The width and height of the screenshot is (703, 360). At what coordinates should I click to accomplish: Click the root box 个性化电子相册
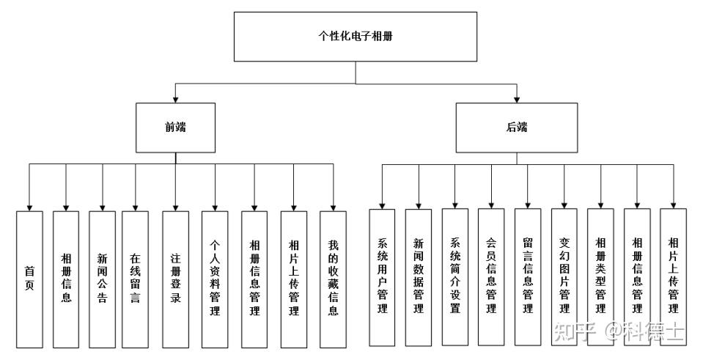(x=355, y=37)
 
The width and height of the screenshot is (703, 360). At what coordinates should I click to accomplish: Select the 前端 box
(x=175, y=128)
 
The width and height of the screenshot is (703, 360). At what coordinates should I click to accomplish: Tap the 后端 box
(x=517, y=128)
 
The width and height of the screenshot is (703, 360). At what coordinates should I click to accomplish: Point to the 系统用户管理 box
(x=382, y=277)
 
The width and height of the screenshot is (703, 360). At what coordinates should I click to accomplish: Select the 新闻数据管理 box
(x=419, y=277)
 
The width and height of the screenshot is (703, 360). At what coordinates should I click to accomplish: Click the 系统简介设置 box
(x=454, y=277)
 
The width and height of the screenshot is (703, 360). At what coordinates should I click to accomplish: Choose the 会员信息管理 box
(x=491, y=277)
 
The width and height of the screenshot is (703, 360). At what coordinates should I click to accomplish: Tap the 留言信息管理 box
(x=528, y=277)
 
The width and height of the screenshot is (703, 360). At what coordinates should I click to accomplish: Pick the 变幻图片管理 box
(x=564, y=277)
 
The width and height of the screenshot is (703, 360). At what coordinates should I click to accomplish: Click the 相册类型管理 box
(x=600, y=277)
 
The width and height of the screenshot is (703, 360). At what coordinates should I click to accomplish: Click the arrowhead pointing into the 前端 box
(x=175, y=99)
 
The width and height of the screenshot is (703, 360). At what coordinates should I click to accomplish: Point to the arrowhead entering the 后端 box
(x=517, y=99)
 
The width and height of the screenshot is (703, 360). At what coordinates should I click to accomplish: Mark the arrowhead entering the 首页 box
(x=29, y=207)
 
